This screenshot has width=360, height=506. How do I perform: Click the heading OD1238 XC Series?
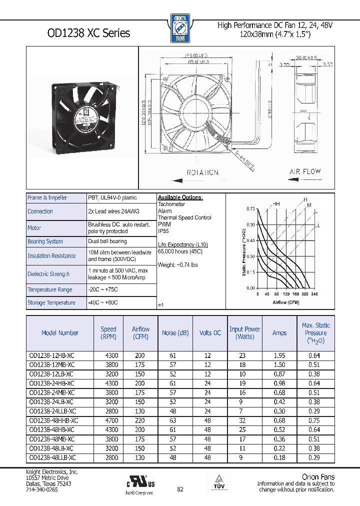(88, 33)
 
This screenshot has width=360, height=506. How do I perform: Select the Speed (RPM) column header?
(108, 333)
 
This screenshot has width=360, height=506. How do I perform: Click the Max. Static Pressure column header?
(315, 333)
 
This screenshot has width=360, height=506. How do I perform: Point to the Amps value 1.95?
(279, 355)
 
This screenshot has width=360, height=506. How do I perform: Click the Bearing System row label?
(45, 241)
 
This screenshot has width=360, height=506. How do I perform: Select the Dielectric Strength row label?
(48, 274)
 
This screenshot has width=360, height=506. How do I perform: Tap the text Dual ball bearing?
(107, 241)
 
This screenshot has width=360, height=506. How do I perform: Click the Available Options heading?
(180, 197)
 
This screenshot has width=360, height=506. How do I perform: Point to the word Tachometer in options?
(171, 204)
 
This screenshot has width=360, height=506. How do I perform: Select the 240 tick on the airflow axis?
(314, 294)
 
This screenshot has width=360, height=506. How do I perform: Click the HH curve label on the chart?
(276, 203)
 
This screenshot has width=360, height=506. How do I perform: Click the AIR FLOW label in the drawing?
(305, 171)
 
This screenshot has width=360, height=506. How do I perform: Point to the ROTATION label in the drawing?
(202, 172)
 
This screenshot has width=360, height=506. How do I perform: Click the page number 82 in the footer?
(180, 489)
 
